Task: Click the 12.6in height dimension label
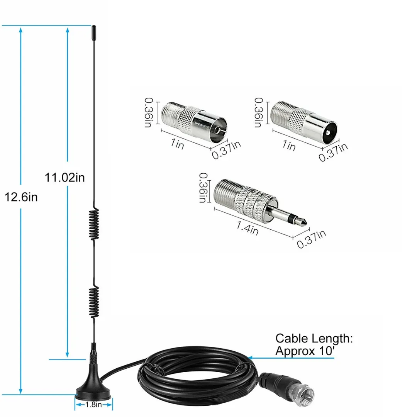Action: click(x=21, y=197)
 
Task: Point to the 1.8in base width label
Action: click(x=94, y=405)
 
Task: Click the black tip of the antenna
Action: click(x=93, y=31)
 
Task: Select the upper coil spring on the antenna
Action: click(x=94, y=225)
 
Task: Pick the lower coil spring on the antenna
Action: click(x=94, y=302)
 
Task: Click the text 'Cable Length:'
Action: click(x=314, y=339)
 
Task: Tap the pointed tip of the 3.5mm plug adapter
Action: click(x=305, y=223)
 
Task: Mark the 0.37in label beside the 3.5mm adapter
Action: click(x=311, y=239)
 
